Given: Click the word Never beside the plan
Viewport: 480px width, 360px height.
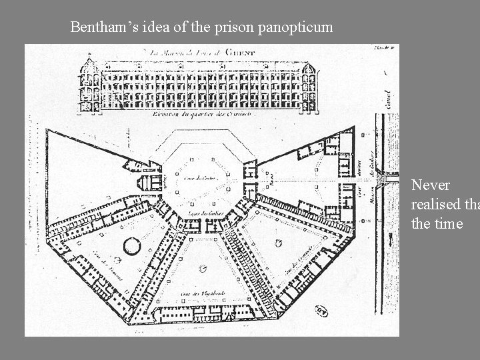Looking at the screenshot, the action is pyautogui.click(x=431, y=184).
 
